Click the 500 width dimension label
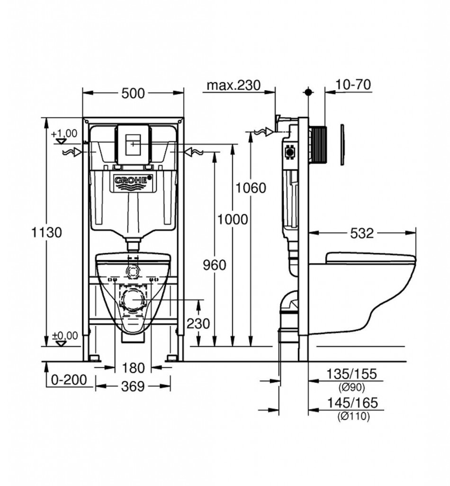pyautogui.click(x=133, y=93)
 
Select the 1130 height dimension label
pyautogui.click(x=47, y=232)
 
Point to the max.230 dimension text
pyautogui.click(x=234, y=85)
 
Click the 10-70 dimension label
pyautogui.click(x=353, y=84)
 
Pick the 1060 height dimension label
pyautogui.click(x=251, y=188)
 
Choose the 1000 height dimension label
pyautogui.click(x=233, y=219)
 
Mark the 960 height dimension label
pyautogui.click(x=215, y=265)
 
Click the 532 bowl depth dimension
pyautogui.click(x=362, y=233)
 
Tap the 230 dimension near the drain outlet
pyautogui.click(x=198, y=324)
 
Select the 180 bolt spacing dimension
pyautogui.click(x=133, y=368)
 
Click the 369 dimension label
pyautogui.click(x=133, y=386)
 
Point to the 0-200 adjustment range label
pyautogui.click(x=69, y=380)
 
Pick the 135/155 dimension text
pyautogui.click(x=352, y=374)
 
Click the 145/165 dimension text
pyautogui.click(x=352, y=402)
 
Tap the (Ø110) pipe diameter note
pyautogui.click(x=353, y=416)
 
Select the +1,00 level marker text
pyautogui.click(x=64, y=133)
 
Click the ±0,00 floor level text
pyautogui.click(x=65, y=336)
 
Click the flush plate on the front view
pyautogui.click(x=133, y=144)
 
